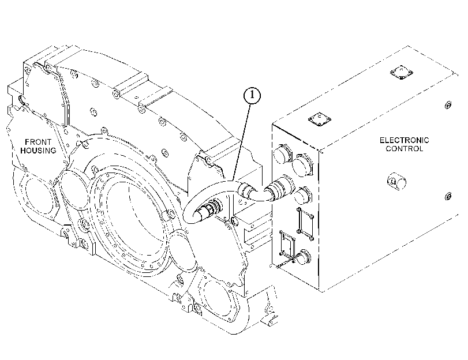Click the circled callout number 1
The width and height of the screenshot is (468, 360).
click(252, 95)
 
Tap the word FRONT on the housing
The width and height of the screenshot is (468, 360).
click(38, 142)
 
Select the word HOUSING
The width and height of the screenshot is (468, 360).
click(38, 151)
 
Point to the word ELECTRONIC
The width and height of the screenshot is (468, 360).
click(404, 140)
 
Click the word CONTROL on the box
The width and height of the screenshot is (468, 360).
click(404, 149)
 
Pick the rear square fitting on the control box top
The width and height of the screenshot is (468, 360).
click(402, 73)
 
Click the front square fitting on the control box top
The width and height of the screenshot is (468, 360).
click(320, 119)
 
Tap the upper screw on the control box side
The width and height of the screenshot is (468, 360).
click(448, 105)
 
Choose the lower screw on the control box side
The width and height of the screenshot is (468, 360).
click(448, 196)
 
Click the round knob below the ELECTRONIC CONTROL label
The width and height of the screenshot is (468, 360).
click(396, 181)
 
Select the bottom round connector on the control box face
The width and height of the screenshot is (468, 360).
click(302, 256)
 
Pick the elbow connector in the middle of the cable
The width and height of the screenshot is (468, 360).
click(254, 193)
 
